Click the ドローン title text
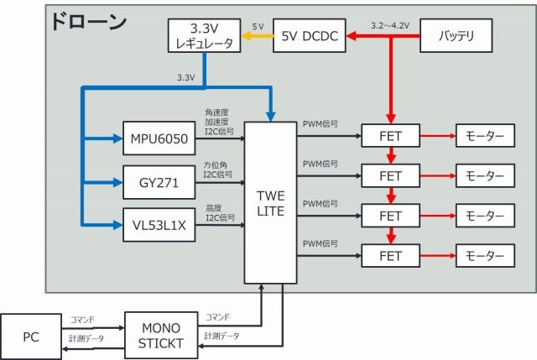88,21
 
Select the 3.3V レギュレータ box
206,36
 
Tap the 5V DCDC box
310,36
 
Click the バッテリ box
457,36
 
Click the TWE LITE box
271,202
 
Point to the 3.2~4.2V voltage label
390,25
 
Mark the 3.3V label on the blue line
185,77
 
